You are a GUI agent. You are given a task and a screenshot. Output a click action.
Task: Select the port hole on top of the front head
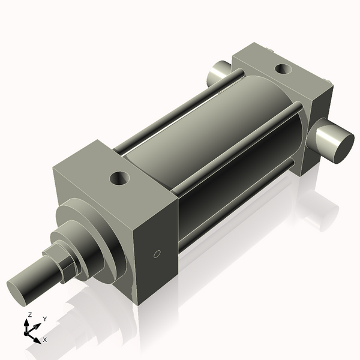120,178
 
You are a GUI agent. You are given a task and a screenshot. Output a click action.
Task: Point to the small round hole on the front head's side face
157,254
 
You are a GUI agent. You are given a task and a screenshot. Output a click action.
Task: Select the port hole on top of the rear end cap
282,68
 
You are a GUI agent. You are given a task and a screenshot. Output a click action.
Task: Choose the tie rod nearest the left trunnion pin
180,111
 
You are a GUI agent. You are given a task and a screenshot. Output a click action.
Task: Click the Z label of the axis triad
29,314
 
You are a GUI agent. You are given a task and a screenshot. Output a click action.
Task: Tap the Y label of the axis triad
45,319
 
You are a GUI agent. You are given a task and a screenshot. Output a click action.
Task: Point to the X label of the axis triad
45,340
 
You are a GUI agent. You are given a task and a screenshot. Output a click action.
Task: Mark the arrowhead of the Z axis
26,322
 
